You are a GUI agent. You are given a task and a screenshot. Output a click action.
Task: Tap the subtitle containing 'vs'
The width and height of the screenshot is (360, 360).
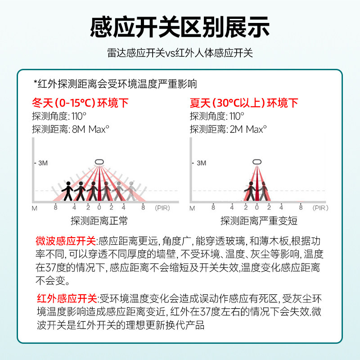[x=180, y=53]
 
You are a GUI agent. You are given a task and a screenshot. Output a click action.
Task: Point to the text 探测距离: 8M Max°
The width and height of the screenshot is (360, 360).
[x=71, y=129]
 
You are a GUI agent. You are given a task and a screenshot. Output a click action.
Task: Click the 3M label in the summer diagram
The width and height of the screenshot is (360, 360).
[x=201, y=163]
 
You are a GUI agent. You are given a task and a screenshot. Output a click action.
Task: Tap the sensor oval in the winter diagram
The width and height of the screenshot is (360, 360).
[x=99, y=162]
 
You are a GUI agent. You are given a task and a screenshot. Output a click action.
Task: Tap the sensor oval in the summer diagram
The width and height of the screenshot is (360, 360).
[x=256, y=162]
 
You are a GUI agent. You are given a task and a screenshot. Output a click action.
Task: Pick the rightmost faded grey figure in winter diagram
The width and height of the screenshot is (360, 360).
[x=130, y=190]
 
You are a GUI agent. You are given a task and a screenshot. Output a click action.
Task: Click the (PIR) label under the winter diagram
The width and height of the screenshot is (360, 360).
[x=163, y=208]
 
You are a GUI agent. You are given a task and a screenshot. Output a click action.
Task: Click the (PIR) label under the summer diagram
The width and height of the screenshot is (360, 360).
[x=320, y=208]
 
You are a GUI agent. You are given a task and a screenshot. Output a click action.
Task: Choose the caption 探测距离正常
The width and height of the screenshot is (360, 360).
[x=99, y=221]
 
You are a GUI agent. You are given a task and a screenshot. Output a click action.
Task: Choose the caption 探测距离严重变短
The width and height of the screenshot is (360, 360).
[x=259, y=221]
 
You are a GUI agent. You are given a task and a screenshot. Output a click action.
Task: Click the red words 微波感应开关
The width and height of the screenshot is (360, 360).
[x=66, y=241]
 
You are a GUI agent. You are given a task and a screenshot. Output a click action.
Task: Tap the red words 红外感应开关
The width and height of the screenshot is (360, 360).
[x=67, y=298]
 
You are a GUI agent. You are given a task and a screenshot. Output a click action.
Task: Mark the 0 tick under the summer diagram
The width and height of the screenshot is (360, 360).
[x=256, y=208]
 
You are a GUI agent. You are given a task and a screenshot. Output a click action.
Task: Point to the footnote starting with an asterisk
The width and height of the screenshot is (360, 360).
[x=115, y=84]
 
